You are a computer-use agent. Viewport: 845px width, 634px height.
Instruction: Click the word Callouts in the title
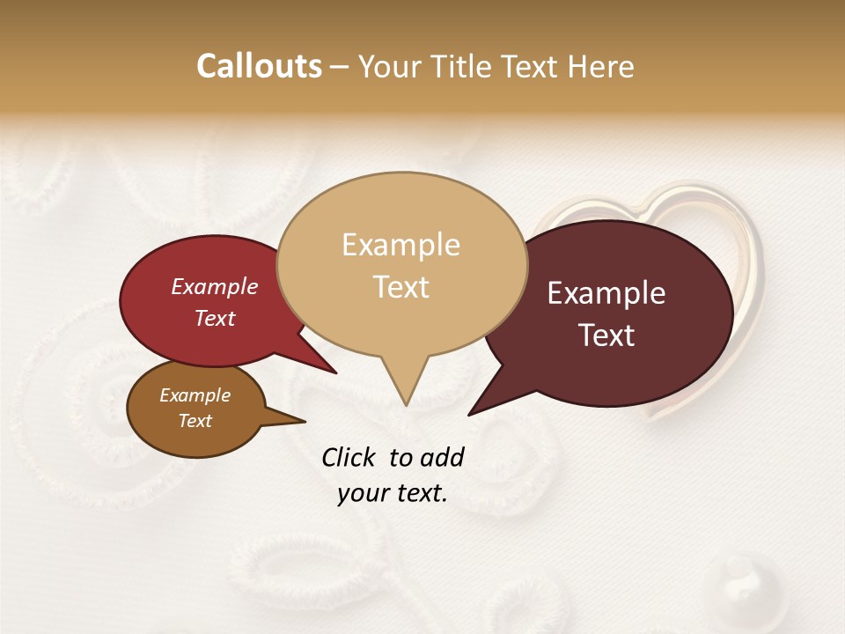pyautogui.click(x=259, y=66)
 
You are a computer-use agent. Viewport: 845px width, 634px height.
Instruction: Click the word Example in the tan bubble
pyautogui.click(x=400, y=245)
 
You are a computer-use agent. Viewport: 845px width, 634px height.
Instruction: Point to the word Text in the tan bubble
pyautogui.click(x=400, y=286)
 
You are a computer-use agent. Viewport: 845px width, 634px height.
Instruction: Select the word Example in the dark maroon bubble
pyautogui.click(x=606, y=293)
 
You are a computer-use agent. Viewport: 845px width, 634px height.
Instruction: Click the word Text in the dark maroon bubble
pyautogui.click(x=606, y=335)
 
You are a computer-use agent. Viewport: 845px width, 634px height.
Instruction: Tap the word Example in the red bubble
pyautogui.click(x=214, y=286)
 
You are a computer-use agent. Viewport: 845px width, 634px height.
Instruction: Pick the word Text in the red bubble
pyautogui.click(x=214, y=318)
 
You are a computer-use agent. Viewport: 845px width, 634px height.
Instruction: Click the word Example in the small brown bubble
pyautogui.click(x=195, y=395)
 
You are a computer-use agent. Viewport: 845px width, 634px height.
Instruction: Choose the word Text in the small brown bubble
pyautogui.click(x=195, y=421)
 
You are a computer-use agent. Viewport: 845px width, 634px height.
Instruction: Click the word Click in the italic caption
pyautogui.click(x=349, y=457)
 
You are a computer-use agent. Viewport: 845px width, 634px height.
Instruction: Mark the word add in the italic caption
pyautogui.click(x=441, y=457)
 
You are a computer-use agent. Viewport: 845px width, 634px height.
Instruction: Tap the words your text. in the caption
pyautogui.click(x=393, y=493)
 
